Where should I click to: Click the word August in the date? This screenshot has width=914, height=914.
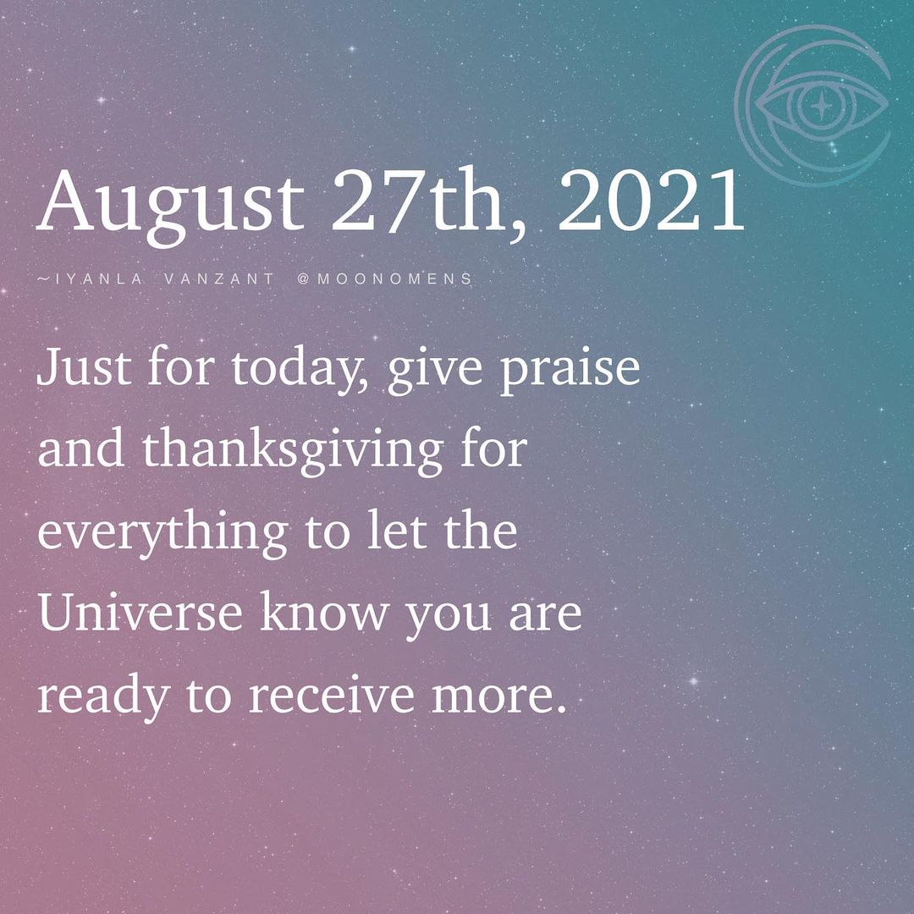pos(169,203)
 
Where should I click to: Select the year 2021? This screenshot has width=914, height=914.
pos(650,203)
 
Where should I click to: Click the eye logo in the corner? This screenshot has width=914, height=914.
pos(812,106)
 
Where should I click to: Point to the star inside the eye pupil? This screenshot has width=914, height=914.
pos(818,107)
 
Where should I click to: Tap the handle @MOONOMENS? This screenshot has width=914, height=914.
pos(384,278)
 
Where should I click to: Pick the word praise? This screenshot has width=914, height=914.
pos(570,369)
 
